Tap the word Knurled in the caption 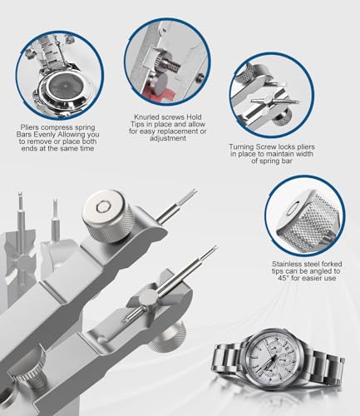[x=145, y=117]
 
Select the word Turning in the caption [x=241, y=146]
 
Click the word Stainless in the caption [x=287, y=264]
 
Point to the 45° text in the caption [x=284, y=278]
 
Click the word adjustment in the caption [x=168, y=138]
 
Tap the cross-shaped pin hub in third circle [x=268, y=102]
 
